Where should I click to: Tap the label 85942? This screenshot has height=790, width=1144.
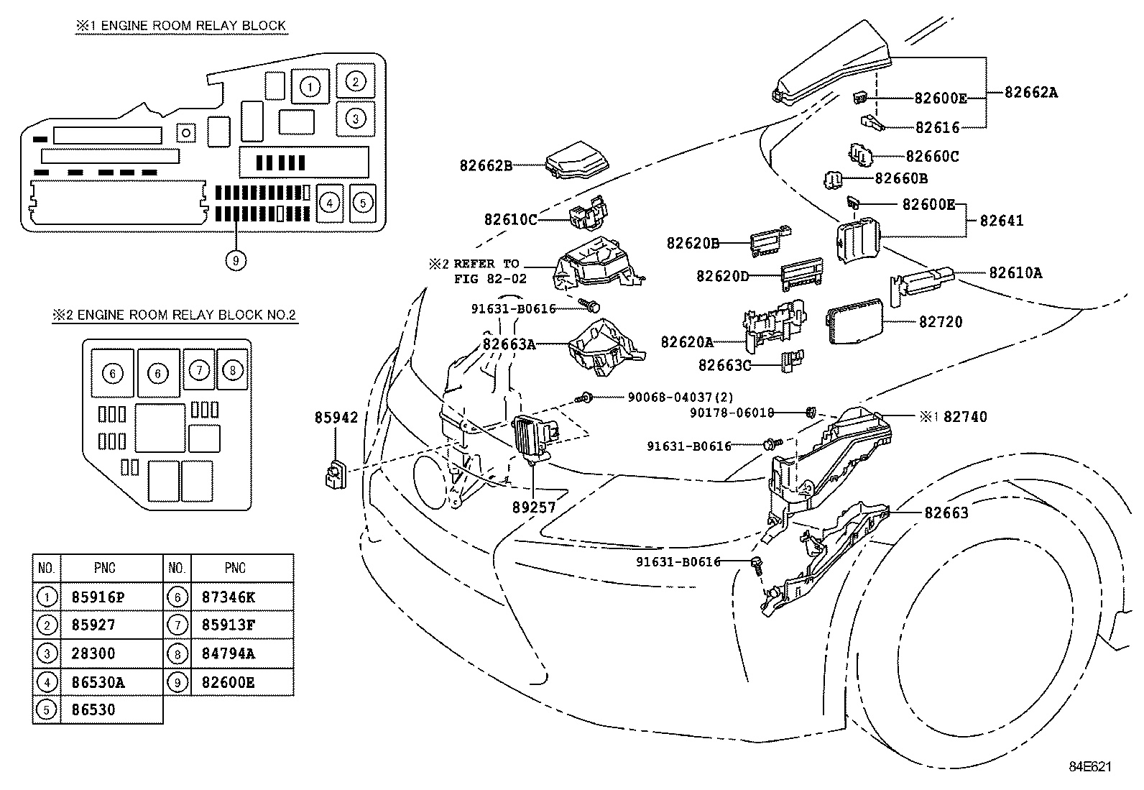tap(336, 418)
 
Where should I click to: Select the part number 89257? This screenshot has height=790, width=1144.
tap(534, 507)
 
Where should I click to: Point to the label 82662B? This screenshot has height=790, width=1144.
tap(486, 165)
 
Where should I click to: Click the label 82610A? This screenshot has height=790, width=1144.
tap(1015, 273)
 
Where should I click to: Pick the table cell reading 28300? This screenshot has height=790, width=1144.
tap(93, 653)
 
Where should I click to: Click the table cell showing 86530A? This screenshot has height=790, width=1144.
tap(98, 682)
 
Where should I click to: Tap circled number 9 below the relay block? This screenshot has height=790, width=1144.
tap(235, 260)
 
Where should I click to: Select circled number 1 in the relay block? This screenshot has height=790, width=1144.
tap(310, 87)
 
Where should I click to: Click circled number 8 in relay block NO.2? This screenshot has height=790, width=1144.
tap(233, 371)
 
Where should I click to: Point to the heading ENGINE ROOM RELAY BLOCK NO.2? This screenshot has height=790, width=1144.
tap(175, 315)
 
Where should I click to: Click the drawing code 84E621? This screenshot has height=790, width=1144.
tap(1088, 767)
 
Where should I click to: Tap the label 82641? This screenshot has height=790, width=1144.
tap(1002, 221)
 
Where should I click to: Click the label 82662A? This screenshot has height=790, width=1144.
tap(1030, 92)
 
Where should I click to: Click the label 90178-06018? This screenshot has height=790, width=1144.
tap(732, 413)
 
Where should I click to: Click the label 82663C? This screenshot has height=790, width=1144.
tap(724, 366)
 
